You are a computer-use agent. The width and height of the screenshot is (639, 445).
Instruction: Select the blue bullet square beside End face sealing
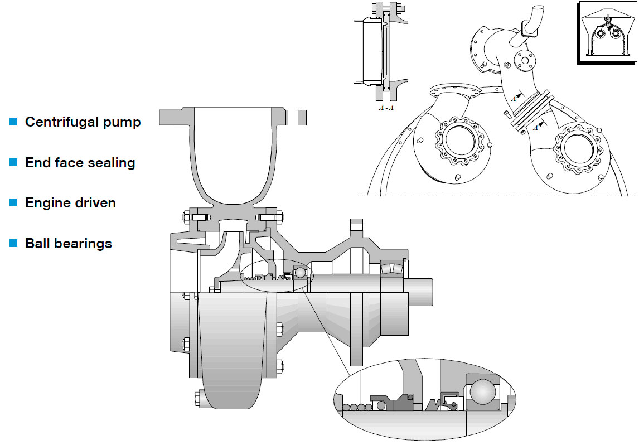(x=13, y=162)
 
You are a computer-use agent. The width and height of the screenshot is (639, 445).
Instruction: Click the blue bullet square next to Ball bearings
(x=13, y=243)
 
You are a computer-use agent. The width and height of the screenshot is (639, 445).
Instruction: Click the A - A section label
(x=386, y=108)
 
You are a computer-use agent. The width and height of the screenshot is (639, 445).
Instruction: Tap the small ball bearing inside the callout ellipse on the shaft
(x=300, y=272)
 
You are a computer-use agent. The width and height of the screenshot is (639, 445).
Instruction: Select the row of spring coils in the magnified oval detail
(x=357, y=407)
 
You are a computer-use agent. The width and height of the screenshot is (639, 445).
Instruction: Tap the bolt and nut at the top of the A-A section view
(x=386, y=8)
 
